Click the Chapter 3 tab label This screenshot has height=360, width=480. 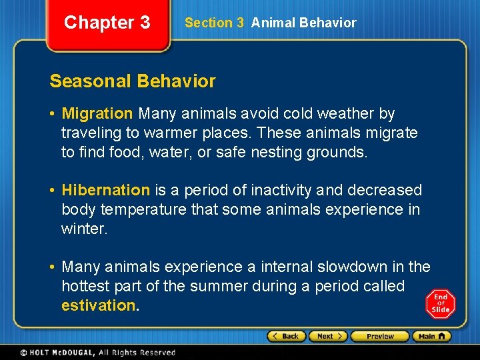(x=107, y=23)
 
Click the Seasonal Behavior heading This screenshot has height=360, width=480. (x=133, y=81)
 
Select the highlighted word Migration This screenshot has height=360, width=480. (x=97, y=114)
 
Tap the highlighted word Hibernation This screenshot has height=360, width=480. (x=106, y=191)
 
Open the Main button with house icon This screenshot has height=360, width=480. (x=431, y=336)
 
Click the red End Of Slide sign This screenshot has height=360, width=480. (x=440, y=303)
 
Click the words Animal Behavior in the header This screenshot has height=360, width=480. (x=303, y=23)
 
